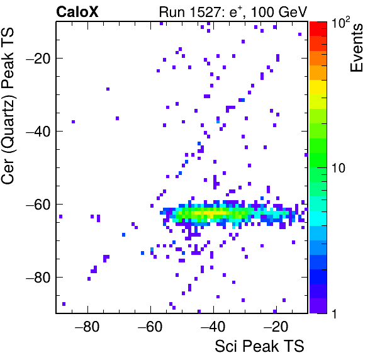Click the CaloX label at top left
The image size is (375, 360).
click(77, 12)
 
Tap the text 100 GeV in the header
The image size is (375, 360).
click(279, 12)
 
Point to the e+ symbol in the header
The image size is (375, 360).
click(235, 12)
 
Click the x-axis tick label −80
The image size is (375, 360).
click(87, 327)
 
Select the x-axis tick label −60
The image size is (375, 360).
click(150, 327)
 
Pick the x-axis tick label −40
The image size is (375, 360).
click(213, 327)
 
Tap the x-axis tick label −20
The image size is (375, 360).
click(276, 327)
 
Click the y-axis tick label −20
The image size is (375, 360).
click(38, 58)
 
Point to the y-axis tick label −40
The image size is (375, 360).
click(38, 131)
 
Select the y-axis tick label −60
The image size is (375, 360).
click(38, 204)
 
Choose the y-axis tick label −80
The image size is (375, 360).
click(38, 277)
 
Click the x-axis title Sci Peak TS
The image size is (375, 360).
click(259, 346)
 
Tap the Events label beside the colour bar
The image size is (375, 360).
click(356, 48)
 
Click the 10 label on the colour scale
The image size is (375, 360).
click(339, 168)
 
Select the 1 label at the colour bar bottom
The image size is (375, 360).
click(334, 313)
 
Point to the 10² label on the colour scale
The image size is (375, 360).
click(341, 22)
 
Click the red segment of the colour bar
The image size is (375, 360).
click(318, 29)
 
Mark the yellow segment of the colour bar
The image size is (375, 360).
click(318, 87)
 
